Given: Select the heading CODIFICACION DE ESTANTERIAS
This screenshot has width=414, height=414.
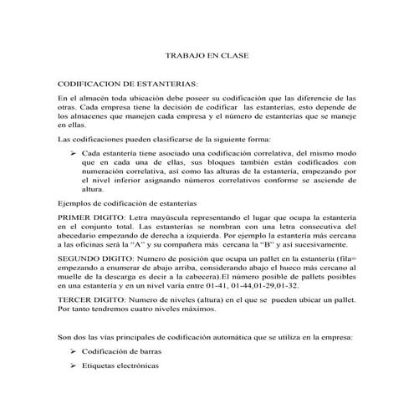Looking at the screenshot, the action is click(x=127, y=85).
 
